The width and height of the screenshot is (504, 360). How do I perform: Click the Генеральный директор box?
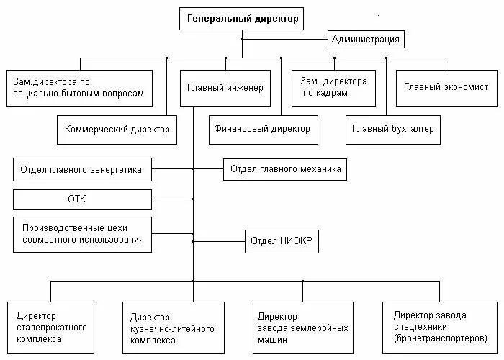[242, 19]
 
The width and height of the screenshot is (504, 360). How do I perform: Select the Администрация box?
[366, 38]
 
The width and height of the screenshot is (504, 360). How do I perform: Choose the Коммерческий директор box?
[117, 130]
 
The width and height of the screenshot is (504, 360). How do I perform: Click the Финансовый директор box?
[261, 130]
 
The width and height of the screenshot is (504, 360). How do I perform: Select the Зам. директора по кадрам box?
[334, 88]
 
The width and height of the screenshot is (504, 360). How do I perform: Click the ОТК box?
[82, 199]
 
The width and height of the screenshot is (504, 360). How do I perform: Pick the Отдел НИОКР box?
[283, 241]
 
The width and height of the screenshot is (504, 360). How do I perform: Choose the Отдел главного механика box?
[284, 170]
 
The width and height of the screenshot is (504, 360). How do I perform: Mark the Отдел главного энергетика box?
[82, 171]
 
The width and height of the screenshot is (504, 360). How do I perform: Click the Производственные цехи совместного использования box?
[82, 234]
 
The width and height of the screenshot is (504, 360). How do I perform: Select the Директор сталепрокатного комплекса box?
[51, 327]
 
